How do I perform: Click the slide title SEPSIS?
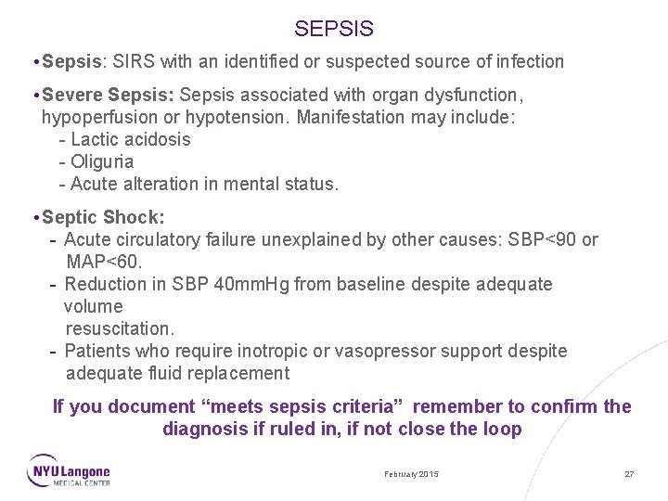[334, 30]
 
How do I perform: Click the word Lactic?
[96, 140]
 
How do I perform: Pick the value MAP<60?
[104, 263]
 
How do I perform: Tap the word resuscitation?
[119, 329]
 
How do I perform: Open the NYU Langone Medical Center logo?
[69, 470]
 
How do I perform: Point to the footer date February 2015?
[412, 474]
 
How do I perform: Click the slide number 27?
[629, 474]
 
